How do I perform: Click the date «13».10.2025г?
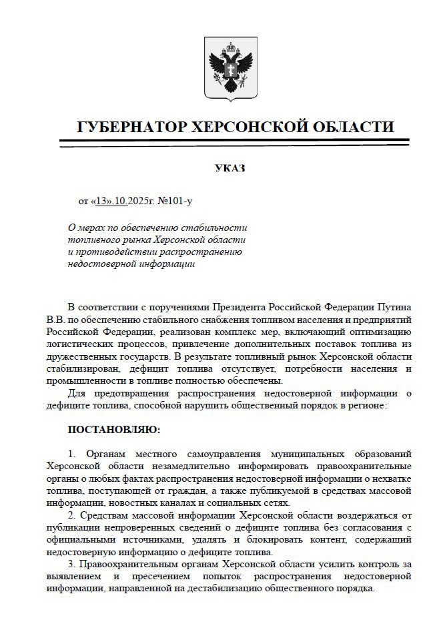124,200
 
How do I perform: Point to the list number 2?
72,516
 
